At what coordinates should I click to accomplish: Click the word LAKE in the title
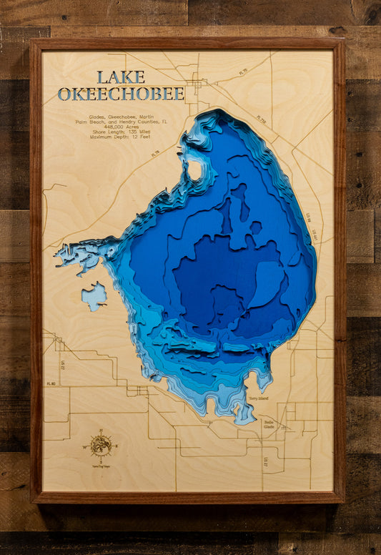120,77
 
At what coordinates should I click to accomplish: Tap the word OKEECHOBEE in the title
120,94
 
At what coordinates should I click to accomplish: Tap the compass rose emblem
100,446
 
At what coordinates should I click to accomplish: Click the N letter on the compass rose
100,431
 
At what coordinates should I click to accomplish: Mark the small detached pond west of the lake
94,295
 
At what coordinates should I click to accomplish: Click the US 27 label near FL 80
63,365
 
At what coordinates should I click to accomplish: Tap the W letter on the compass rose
85,447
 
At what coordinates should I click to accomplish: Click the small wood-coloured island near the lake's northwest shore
193,170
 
